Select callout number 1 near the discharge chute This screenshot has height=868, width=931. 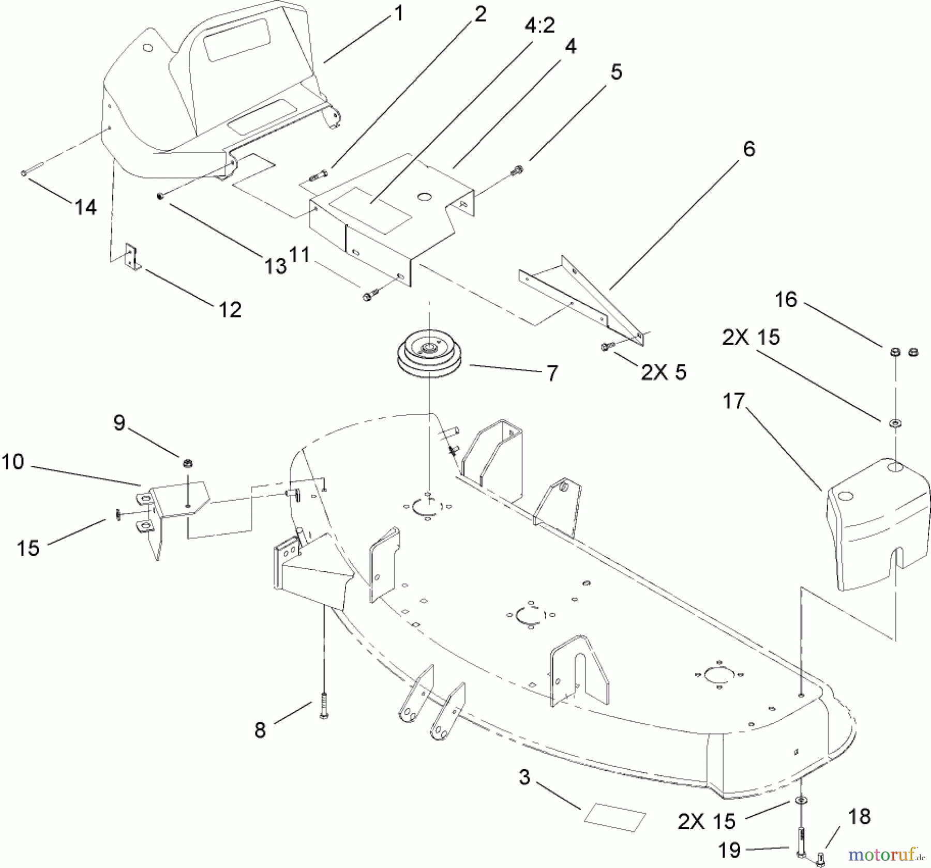(x=398, y=13)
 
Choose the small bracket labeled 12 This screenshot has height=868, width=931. (x=132, y=256)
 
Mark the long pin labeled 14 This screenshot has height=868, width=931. (x=32, y=171)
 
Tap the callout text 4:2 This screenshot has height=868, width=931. (x=539, y=24)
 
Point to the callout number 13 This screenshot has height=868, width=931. (x=275, y=266)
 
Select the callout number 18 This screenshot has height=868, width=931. (x=859, y=817)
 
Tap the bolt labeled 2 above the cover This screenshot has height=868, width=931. (x=318, y=176)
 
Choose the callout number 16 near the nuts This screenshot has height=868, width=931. (x=786, y=299)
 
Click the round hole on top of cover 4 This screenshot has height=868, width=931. (x=424, y=196)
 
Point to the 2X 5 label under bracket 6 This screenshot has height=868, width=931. (x=664, y=372)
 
